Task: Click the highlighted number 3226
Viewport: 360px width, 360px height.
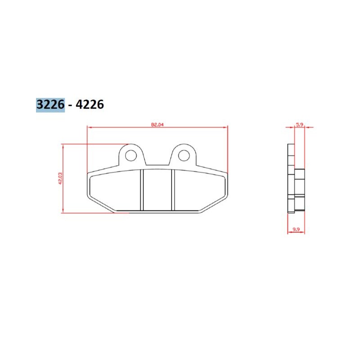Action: pyautogui.click(x=50, y=104)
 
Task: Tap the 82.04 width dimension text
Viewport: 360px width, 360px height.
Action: pyautogui.click(x=157, y=125)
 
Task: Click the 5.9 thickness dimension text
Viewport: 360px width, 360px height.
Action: pyautogui.click(x=299, y=125)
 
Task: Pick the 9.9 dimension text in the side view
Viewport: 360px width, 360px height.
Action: pyautogui.click(x=296, y=230)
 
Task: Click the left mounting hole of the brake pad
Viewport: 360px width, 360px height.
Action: pyautogui.click(x=131, y=156)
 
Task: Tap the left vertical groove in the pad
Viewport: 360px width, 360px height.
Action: pyautogui.click(x=141, y=189)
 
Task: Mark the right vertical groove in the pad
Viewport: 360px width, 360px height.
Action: pyautogui.click(x=173, y=189)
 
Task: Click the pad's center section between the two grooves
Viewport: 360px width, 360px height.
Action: pyautogui.click(x=157, y=189)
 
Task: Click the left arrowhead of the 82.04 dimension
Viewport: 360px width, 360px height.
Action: pyautogui.click(x=89, y=128)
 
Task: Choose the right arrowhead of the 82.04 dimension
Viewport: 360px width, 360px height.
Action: pyautogui.click(x=226, y=128)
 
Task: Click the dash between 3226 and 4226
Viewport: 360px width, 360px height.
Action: pyautogui.click(x=72, y=105)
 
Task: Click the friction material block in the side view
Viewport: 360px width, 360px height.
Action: pyautogui.click(x=300, y=189)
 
